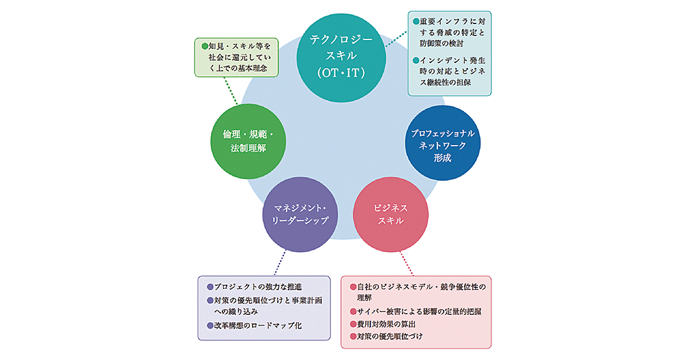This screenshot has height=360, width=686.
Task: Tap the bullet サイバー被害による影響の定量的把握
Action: pyautogui.click(x=420, y=311)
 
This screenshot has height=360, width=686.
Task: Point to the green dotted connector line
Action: pyautogui.click(x=231, y=91)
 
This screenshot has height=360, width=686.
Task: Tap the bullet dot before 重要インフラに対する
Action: pyautogui.click(x=416, y=21)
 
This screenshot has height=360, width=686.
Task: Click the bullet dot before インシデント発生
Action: pyautogui.click(x=416, y=60)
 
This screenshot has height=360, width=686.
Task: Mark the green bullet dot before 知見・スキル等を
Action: pyautogui.click(x=199, y=45)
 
